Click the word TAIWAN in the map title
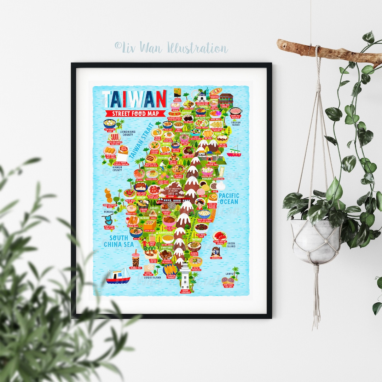click(134, 99)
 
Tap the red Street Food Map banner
click(135, 114)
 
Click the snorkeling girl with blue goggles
click(215, 251)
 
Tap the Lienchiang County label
click(127, 133)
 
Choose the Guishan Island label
click(236, 123)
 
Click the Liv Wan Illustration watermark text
click(171, 47)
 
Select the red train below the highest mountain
click(174, 201)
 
